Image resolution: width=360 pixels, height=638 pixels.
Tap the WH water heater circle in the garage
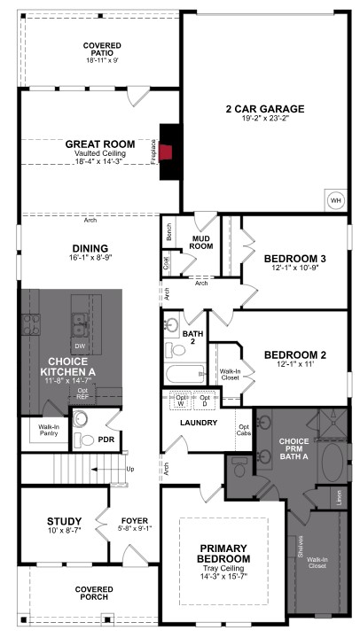tap(336, 199)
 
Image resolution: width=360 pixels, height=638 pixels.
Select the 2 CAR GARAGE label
tap(264, 109)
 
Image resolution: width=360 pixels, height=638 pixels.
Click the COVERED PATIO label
tap(103, 52)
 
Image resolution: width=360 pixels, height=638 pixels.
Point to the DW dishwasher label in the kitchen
tap(79, 346)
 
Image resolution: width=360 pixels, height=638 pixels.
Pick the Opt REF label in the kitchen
tap(82, 393)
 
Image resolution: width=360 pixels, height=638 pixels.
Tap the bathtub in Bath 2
tap(184, 372)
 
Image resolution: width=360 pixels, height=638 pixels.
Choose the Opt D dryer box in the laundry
tap(206, 401)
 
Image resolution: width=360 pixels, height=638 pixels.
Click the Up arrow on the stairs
tap(130, 468)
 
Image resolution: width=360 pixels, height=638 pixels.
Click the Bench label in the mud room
tap(168, 233)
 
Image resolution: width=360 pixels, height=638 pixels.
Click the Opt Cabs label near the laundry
tap(243, 431)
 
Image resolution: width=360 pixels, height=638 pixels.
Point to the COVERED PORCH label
tap(92, 592)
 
